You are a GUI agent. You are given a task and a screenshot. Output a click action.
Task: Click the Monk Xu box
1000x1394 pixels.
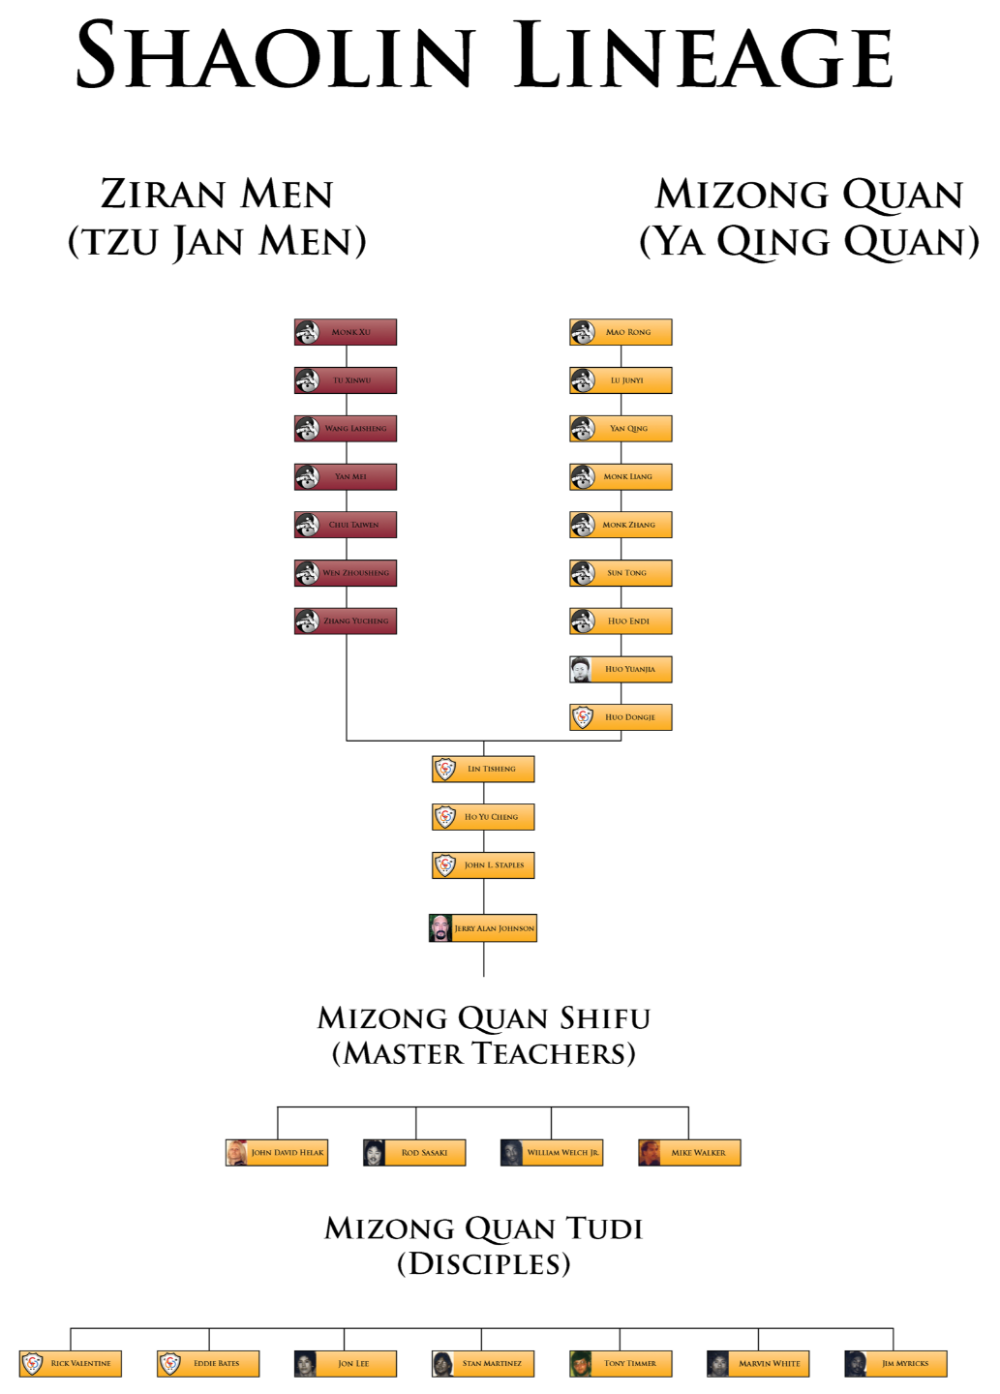(346, 332)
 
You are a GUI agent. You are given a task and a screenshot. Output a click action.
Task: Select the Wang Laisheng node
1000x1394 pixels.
(346, 429)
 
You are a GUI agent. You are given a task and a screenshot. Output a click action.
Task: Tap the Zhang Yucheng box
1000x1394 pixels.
(346, 621)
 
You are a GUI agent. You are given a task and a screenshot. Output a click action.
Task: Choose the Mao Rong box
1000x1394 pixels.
(621, 332)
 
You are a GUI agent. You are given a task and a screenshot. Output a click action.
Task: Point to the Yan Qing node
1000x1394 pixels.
(621, 429)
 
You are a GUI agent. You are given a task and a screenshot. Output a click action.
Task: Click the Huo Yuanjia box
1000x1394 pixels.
(621, 669)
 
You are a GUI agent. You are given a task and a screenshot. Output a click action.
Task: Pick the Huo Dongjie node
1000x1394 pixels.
(621, 717)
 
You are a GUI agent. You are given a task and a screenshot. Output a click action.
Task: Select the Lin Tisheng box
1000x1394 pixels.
(483, 769)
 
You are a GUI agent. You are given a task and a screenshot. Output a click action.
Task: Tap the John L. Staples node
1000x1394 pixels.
(483, 865)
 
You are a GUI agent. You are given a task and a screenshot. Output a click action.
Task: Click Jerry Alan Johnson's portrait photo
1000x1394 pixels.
(441, 928)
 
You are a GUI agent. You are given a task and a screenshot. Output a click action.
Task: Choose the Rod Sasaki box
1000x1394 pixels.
(414, 1153)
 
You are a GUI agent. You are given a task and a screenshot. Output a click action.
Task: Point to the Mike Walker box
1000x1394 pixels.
(689, 1153)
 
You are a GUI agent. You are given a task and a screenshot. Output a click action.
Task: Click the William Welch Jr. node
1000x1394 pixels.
(552, 1153)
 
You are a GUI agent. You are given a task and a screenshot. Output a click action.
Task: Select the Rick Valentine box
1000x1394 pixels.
(71, 1364)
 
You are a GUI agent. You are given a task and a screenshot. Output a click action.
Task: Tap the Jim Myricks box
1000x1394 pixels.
(895, 1364)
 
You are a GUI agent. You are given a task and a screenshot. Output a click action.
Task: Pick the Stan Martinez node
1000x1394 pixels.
(483, 1364)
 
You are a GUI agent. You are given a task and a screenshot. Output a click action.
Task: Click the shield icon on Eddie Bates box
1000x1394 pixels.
(170, 1364)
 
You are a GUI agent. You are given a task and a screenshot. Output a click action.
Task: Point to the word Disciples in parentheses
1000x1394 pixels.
(484, 1264)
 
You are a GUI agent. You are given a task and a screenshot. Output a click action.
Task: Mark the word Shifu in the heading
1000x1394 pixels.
(605, 1018)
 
